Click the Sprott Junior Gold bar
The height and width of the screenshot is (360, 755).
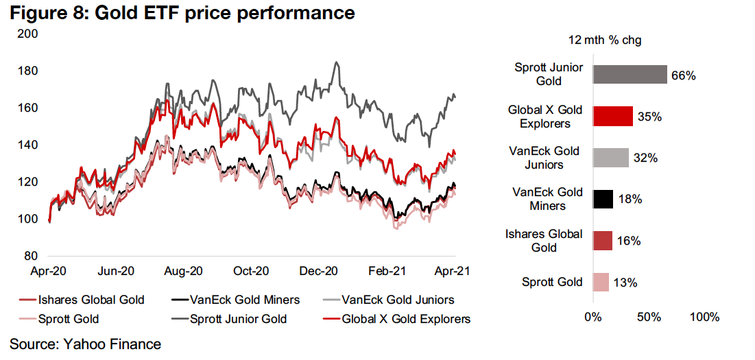(x=630, y=74)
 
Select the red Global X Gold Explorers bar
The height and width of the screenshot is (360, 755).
(x=612, y=116)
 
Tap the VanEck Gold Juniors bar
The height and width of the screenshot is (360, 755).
(x=610, y=158)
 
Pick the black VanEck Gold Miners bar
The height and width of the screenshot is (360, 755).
(x=603, y=199)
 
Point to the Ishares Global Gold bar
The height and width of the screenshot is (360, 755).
(x=602, y=241)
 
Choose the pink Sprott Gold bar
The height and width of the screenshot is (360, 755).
(x=600, y=282)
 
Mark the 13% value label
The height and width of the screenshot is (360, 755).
(x=624, y=283)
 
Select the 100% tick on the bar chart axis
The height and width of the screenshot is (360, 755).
(x=704, y=317)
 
